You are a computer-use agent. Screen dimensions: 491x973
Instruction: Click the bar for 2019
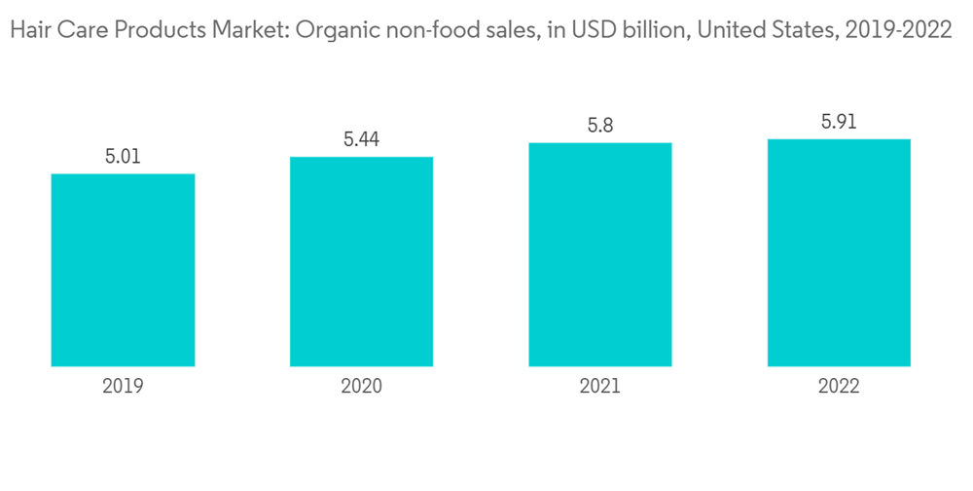tap(123, 270)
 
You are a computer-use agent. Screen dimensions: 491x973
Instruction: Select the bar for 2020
tap(361, 261)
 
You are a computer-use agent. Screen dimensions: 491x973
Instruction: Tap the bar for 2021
tap(600, 254)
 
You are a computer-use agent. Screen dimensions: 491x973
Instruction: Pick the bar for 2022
tap(839, 252)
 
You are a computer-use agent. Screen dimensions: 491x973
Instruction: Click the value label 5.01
tap(123, 156)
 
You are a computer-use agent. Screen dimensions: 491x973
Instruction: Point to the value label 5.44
tap(361, 139)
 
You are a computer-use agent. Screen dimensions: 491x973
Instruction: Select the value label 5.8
tap(600, 126)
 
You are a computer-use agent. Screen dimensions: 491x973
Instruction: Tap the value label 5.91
tap(839, 122)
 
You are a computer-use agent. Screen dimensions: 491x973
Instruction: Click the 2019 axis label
tap(123, 386)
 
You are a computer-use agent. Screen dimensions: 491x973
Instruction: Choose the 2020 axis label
tap(361, 386)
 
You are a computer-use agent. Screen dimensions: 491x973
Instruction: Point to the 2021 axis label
tap(600, 386)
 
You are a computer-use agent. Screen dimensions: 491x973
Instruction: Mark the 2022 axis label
tap(839, 386)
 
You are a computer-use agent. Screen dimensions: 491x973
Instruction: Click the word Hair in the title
tap(26, 30)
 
